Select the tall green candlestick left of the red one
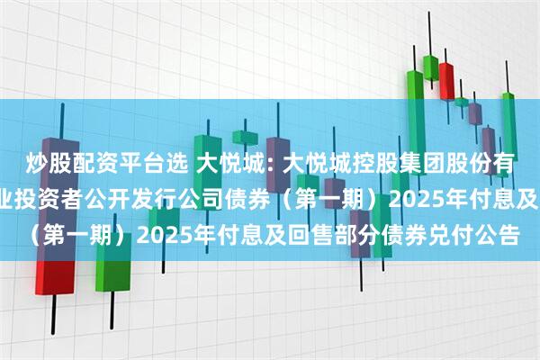tap(415, 94)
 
